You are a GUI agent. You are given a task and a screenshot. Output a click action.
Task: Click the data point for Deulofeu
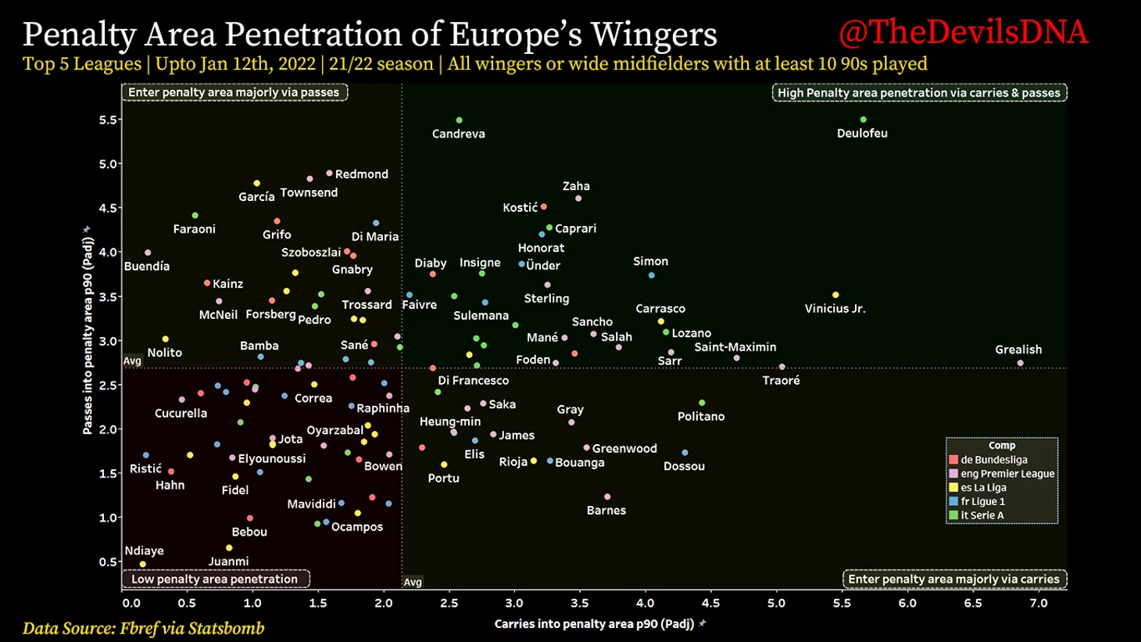click(x=863, y=120)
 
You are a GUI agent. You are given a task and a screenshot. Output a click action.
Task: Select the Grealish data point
click(x=1020, y=363)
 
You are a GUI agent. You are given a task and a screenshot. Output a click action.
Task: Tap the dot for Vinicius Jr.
click(x=835, y=295)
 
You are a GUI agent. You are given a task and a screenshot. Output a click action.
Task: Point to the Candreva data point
click(x=459, y=120)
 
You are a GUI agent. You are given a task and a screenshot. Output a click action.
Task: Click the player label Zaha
click(x=576, y=186)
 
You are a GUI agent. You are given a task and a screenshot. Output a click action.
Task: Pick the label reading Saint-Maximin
click(x=735, y=346)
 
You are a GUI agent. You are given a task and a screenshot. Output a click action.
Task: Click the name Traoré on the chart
click(x=781, y=380)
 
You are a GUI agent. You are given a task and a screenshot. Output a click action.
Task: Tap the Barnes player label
click(x=606, y=510)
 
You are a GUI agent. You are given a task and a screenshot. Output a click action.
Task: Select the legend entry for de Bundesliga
click(x=993, y=460)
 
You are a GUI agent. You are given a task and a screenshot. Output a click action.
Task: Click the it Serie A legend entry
click(x=982, y=515)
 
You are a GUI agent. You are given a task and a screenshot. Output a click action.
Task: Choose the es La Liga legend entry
click(x=983, y=487)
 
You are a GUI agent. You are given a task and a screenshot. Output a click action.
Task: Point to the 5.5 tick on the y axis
click(x=109, y=120)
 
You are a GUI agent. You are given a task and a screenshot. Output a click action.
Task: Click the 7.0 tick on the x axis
click(x=1038, y=603)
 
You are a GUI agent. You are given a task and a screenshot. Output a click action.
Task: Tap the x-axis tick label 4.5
click(x=710, y=603)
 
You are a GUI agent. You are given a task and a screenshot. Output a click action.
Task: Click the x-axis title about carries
click(x=594, y=624)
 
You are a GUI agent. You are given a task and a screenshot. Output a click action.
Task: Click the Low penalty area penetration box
click(x=215, y=579)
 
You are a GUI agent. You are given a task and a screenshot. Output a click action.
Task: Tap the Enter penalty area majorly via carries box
click(x=953, y=579)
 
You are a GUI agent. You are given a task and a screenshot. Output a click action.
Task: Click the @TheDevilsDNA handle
click(x=963, y=33)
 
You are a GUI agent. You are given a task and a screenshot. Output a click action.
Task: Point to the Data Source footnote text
click(x=143, y=628)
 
